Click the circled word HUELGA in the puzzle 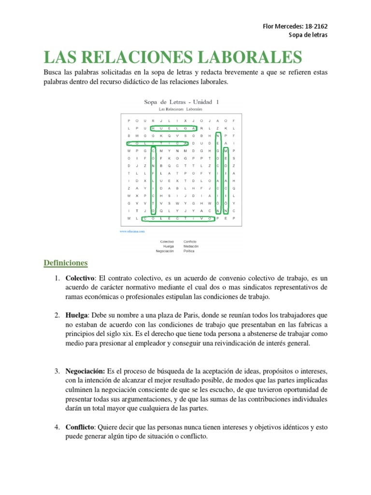(174, 129)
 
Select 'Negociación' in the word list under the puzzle (164, 251)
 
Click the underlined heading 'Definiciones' (66, 263)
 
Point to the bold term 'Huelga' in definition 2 (77, 315)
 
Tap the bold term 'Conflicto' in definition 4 (81, 427)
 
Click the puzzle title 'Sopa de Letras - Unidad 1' (182, 102)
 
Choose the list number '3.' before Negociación (57, 371)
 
